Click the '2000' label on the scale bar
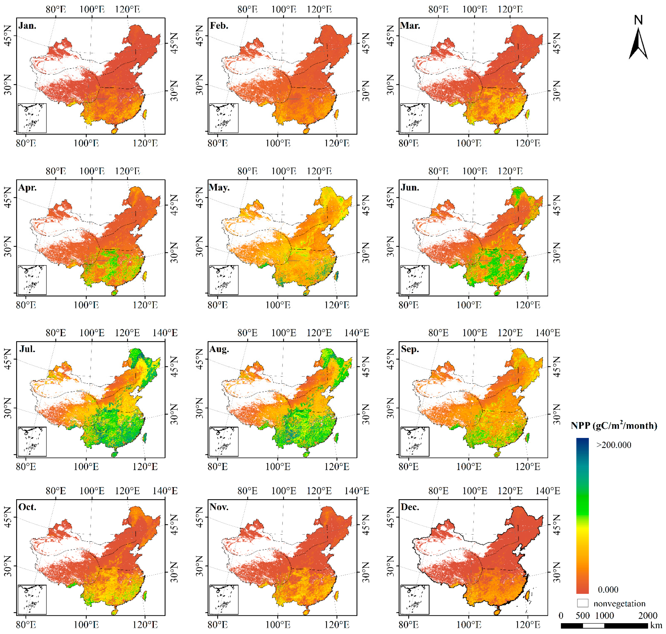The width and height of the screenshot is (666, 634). click(x=647, y=615)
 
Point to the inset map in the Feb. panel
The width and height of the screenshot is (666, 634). click(x=224, y=118)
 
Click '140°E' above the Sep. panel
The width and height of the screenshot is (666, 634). click(x=547, y=333)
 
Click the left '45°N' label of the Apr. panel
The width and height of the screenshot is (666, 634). click(x=7, y=198)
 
